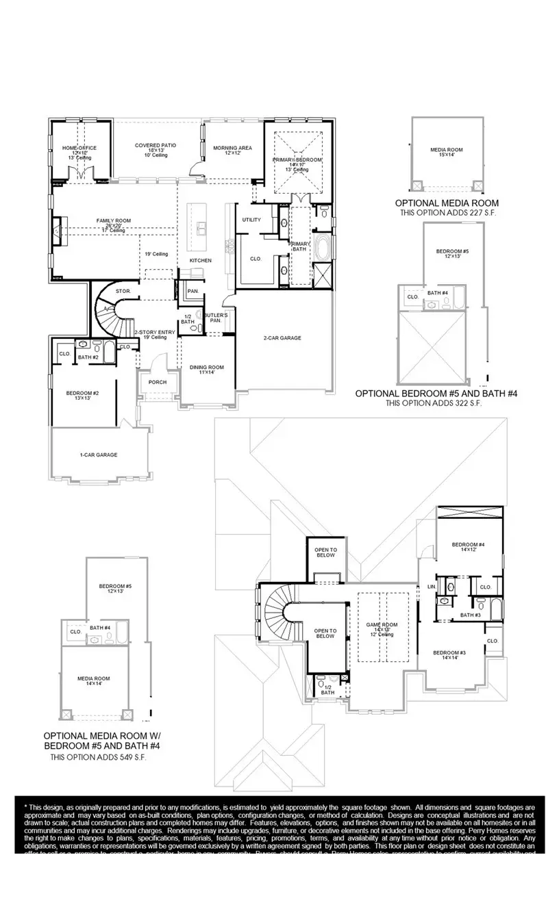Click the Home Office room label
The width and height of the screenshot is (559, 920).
coord(79,148)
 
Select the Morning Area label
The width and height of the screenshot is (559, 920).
coord(232,148)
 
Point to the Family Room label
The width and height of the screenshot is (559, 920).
coord(114,220)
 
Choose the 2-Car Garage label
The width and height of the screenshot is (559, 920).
coord(282,337)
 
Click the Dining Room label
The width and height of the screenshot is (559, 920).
coord(206,368)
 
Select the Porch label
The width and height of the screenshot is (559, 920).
coord(158,382)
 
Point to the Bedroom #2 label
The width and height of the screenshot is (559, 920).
coord(83,393)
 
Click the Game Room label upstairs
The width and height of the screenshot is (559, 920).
coord(382,625)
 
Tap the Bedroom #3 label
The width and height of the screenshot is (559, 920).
coord(449,653)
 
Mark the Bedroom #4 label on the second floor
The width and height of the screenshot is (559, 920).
coord(469,545)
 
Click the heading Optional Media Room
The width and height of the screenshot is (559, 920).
coord(447,203)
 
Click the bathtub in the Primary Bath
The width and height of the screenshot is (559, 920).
coord(322,248)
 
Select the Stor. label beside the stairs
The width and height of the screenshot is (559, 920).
coord(123,291)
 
